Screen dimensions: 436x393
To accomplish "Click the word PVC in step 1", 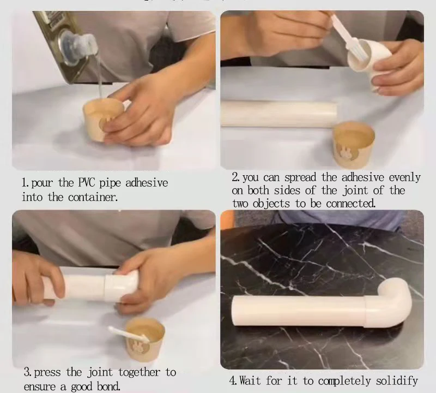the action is [87, 183].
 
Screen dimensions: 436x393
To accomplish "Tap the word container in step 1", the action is [93, 197].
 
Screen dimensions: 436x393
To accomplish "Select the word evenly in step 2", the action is [404, 178].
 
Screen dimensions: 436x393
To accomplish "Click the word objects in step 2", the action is [271, 204].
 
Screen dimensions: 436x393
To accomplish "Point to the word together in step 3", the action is [140, 372].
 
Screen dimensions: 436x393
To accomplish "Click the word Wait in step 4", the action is [250, 380].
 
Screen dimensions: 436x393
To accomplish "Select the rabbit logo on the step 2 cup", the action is [346, 153].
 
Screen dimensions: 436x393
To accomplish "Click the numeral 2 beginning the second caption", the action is [235, 177].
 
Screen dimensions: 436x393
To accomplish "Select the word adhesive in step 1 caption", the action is [147, 183].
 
